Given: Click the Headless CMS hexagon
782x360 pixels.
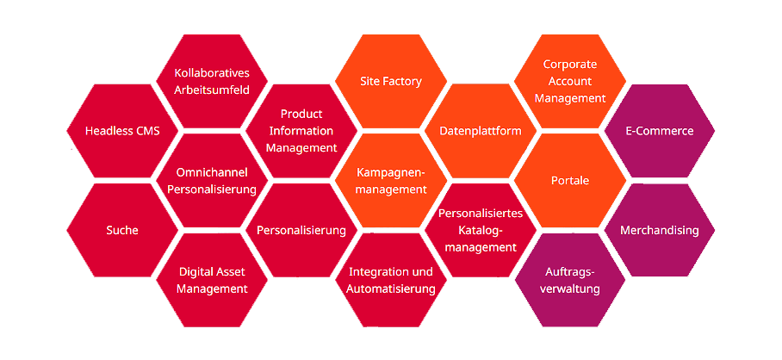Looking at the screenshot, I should [x=122, y=131].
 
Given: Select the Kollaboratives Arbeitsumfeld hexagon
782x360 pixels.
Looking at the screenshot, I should [x=212, y=81].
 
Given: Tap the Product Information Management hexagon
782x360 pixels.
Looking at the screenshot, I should [x=301, y=131].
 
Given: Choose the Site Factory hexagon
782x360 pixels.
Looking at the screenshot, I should [x=391, y=81].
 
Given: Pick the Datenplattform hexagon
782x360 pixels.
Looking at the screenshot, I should [x=481, y=131].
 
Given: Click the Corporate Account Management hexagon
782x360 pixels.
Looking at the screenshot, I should [x=570, y=81].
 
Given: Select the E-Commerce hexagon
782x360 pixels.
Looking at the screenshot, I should [x=660, y=131].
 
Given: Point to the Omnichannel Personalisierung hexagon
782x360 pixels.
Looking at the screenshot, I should [x=212, y=181].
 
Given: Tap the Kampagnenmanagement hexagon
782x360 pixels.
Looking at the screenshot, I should [x=391, y=181].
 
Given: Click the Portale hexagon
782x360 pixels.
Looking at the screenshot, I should [x=570, y=181].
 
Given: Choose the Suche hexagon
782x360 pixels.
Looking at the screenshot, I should [x=122, y=230].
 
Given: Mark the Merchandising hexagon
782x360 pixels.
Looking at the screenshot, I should [x=660, y=230].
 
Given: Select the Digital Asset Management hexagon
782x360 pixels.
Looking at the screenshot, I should [x=212, y=280].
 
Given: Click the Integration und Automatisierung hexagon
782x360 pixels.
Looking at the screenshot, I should [x=391, y=280].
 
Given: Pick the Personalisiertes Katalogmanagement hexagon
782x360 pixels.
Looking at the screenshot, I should [x=481, y=230].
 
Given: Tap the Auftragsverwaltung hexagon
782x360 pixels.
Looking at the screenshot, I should [x=570, y=280].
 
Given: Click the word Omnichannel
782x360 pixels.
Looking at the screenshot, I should [x=212, y=172].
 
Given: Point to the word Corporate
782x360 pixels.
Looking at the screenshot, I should [x=570, y=64].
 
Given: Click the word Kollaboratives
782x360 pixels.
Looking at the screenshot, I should [x=212, y=72].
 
